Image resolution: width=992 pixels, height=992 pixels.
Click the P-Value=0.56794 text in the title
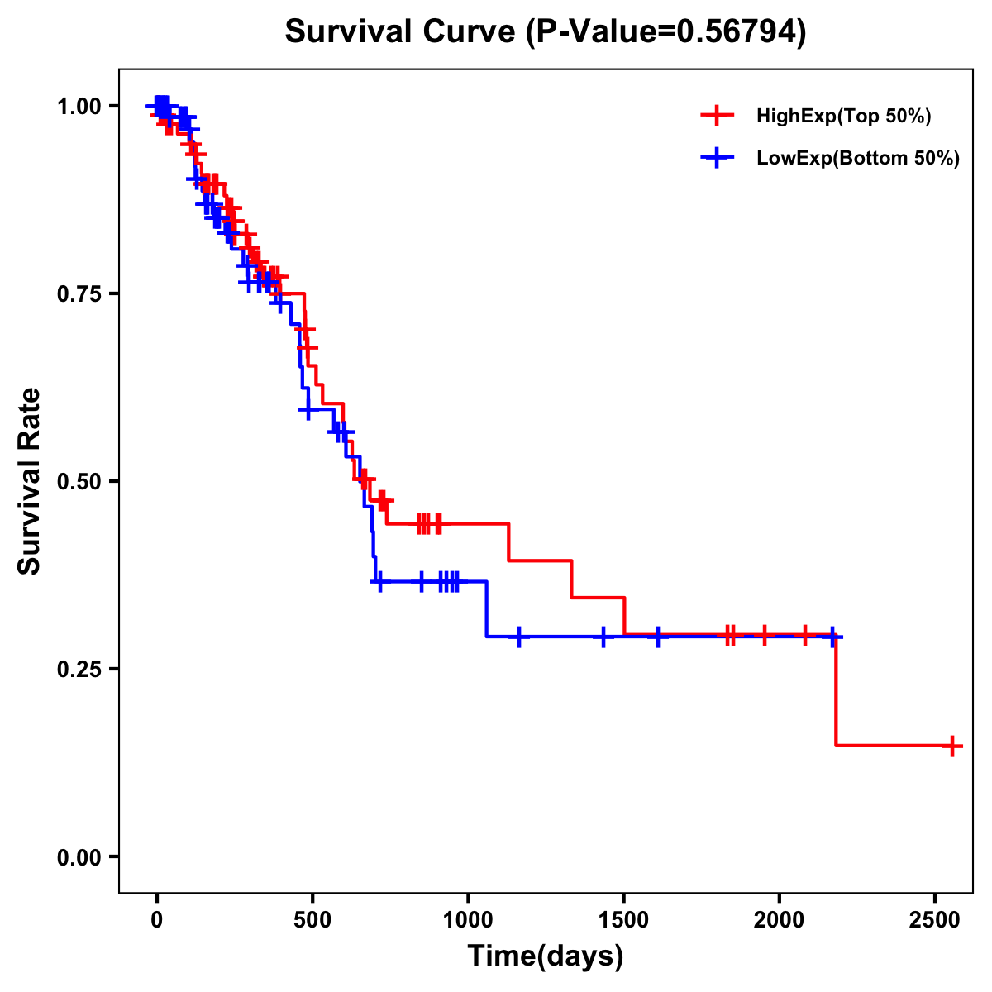tap(667, 32)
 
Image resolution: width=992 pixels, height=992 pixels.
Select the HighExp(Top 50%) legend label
tap(843, 117)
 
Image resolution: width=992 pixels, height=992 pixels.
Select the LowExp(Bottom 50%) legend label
tap(857, 159)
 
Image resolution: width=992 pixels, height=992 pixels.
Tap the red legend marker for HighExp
tap(718, 116)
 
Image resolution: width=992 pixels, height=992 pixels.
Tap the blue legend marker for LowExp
tap(718, 158)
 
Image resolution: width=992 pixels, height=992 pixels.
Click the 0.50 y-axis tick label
tap(79, 482)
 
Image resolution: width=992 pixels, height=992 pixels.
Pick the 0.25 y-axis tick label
tap(79, 670)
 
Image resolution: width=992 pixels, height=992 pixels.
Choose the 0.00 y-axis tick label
tap(79, 857)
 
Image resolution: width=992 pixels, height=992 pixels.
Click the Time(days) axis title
tap(546, 956)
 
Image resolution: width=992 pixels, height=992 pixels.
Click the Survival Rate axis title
tap(30, 481)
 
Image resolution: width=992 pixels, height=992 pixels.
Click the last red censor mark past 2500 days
tap(952, 746)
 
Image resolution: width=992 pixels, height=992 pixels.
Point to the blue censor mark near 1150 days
tap(519, 637)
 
